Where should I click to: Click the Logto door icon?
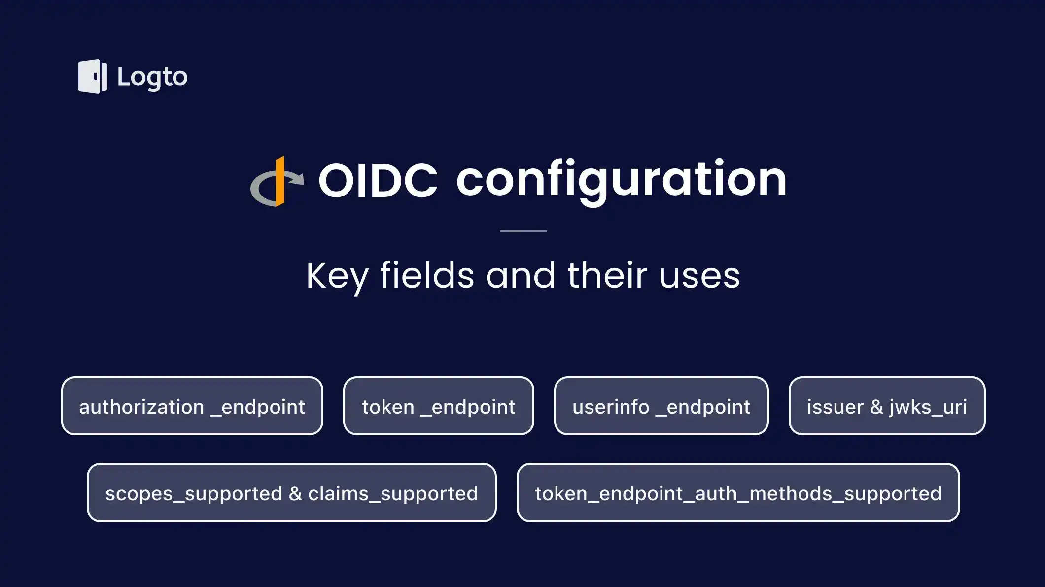point(92,76)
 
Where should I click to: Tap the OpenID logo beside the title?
point(277,182)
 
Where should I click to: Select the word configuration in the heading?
point(621,180)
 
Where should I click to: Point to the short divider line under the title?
point(523,231)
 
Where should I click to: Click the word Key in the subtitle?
point(337,276)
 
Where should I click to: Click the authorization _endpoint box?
point(192,406)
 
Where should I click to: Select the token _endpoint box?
point(438,406)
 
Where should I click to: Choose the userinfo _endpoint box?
point(661,406)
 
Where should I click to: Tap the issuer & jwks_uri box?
point(887,406)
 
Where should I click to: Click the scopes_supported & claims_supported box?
point(291,493)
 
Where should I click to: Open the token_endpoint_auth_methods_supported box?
point(738,493)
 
